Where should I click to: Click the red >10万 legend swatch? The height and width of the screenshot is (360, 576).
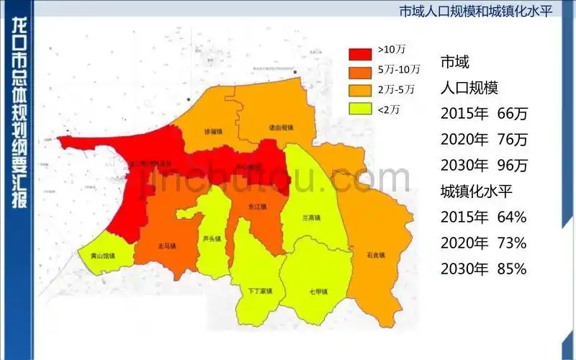[360, 52]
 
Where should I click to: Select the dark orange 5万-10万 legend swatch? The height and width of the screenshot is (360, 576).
[360, 71]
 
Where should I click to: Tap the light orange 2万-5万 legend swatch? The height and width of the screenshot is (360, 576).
[360, 91]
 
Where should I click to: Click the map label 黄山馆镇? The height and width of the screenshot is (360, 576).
[105, 253]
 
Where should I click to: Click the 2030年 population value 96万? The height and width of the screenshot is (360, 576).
[513, 166]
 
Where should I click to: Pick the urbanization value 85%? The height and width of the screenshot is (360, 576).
[512, 269]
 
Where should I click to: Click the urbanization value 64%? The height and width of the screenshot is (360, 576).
[512, 217]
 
